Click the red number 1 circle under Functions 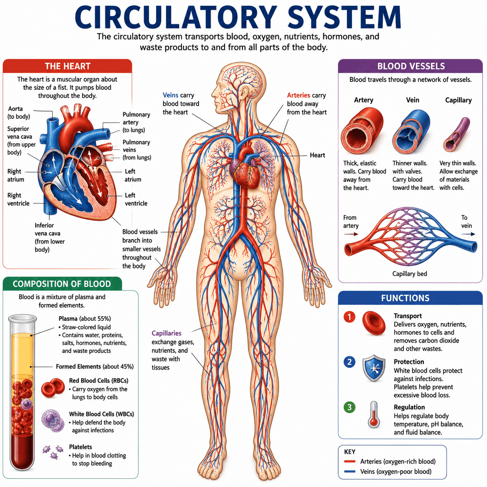tap(349, 317)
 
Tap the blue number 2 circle tap(349, 362)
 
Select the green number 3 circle tap(349, 407)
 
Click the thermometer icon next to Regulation tap(374, 414)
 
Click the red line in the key tap(350, 461)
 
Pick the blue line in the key tap(350, 471)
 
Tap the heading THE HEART tap(68, 66)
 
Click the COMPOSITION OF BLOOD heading tap(62, 284)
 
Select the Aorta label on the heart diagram tap(16, 109)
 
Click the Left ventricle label tap(136, 199)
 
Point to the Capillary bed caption tap(409, 274)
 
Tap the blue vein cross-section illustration tap(411, 132)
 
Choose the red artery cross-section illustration tap(362, 130)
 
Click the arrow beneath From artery tap(351, 234)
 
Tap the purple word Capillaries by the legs tap(166, 333)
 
